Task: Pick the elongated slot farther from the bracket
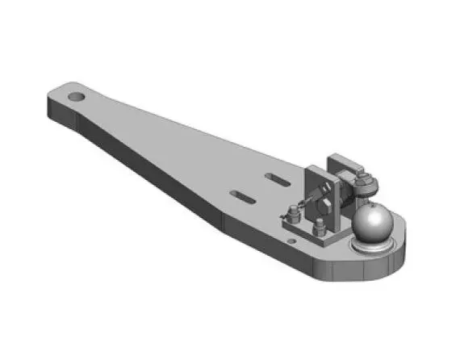(243, 194)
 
